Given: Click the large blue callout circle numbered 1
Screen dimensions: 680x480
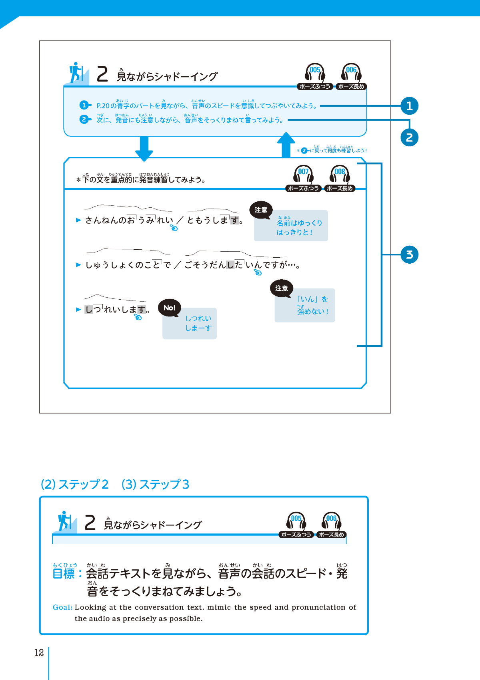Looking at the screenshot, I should pyautogui.click(x=409, y=106).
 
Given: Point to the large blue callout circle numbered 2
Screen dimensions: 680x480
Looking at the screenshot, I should pyautogui.click(x=409, y=137).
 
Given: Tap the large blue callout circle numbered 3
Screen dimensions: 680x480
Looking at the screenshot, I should pyautogui.click(x=409, y=255).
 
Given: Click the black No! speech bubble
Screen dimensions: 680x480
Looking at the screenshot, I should pyautogui.click(x=170, y=308).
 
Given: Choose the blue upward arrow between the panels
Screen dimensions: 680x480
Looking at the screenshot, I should pyautogui.click(x=286, y=145).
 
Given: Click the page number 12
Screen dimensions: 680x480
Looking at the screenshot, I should pyautogui.click(x=39, y=653).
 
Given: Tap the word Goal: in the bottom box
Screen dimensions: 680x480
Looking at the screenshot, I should pyautogui.click(x=62, y=607).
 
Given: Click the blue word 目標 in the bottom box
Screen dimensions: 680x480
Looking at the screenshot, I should pyautogui.click(x=64, y=574).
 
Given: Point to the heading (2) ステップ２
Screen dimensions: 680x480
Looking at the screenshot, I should pyautogui.click(x=75, y=484).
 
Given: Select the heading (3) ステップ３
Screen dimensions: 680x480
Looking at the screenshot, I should pyautogui.click(x=155, y=484).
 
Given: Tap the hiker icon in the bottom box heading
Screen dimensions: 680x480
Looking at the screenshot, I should pyautogui.click(x=65, y=521).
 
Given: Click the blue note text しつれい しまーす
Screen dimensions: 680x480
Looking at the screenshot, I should pyautogui.click(x=198, y=323).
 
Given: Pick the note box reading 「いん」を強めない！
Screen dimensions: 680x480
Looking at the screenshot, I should pyautogui.click(x=305, y=306).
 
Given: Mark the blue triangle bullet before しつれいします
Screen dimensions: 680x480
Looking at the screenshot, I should pyautogui.click(x=78, y=309).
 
